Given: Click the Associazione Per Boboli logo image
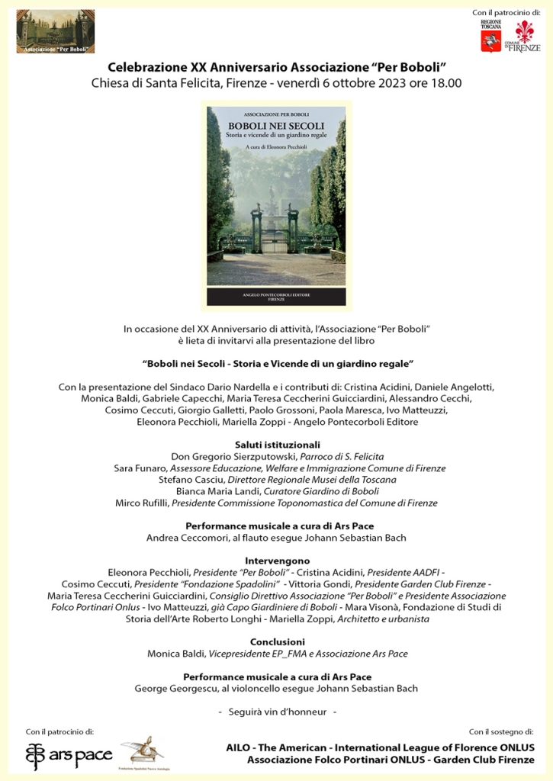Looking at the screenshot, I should (56, 31).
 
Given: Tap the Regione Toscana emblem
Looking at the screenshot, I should (490, 35).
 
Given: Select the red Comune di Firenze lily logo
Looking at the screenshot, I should (526, 36).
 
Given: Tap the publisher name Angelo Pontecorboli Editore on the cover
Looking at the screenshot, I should (276, 294).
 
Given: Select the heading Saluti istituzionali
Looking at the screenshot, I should (276, 444).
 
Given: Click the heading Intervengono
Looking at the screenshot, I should (276, 561).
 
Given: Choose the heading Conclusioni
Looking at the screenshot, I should (277, 641).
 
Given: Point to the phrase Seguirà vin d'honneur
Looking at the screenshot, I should (276, 712).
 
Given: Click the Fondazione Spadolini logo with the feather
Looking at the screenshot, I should (142, 752).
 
